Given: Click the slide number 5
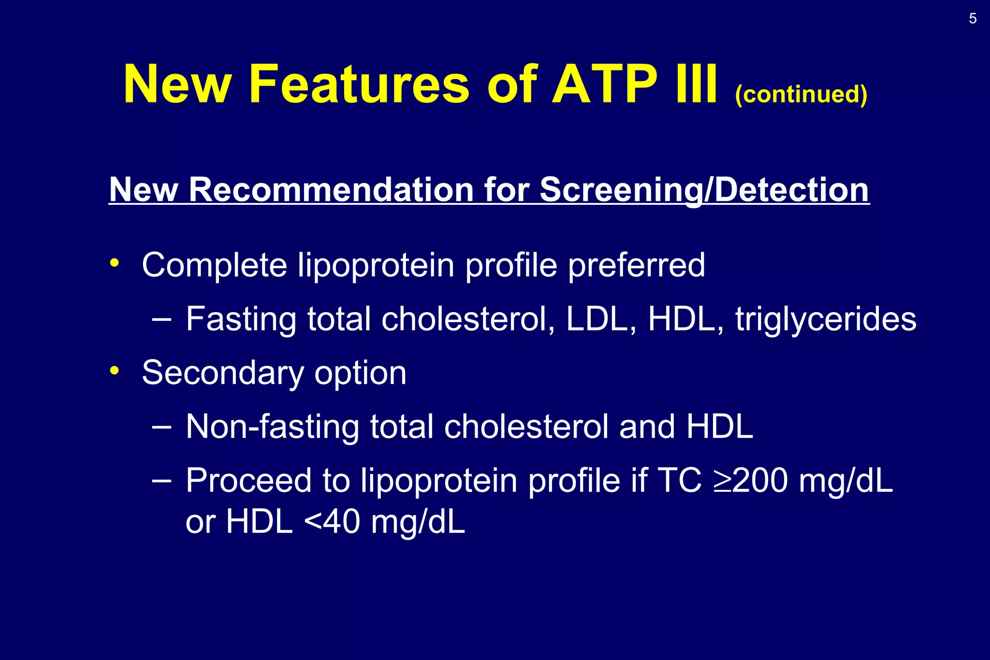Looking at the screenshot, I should pyautogui.click(x=973, y=19).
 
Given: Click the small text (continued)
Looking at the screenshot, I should pyautogui.click(x=801, y=94).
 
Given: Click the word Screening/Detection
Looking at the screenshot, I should pyautogui.click(x=704, y=189).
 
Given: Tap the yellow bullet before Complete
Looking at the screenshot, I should pyautogui.click(x=114, y=263).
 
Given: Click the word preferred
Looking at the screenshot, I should pyautogui.click(x=636, y=265).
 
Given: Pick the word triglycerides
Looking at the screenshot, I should pyautogui.click(x=826, y=319).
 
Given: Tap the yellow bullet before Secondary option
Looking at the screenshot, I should pyautogui.click(x=114, y=371).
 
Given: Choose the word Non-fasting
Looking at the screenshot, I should pyautogui.click(x=272, y=427).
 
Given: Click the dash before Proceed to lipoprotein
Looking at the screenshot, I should pyautogui.click(x=161, y=480).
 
